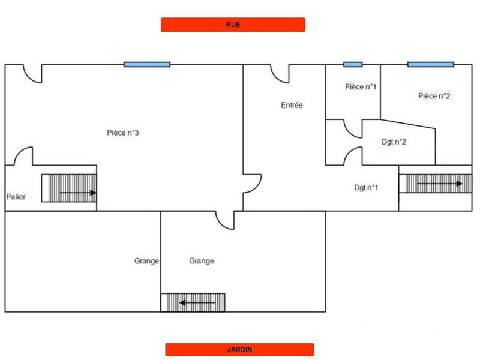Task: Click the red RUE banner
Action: tap(233, 25)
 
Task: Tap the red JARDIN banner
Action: tap(239, 350)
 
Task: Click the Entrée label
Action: tap(292, 106)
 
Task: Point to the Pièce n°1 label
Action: tap(361, 87)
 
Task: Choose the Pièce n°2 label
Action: tap(434, 96)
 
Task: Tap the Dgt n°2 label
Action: tap(394, 142)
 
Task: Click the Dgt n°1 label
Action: tap(366, 188)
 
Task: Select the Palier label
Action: tap(16, 197)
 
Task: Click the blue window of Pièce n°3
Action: tap(147, 64)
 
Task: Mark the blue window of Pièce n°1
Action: tap(353, 64)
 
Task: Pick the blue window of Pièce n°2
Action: tap(431, 64)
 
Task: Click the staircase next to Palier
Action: tap(69, 188)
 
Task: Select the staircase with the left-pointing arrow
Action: tap(193, 302)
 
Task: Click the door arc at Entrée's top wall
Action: tap(280, 74)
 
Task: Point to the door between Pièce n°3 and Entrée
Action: tap(252, 184)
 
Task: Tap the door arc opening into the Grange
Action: tap(225, 220)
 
